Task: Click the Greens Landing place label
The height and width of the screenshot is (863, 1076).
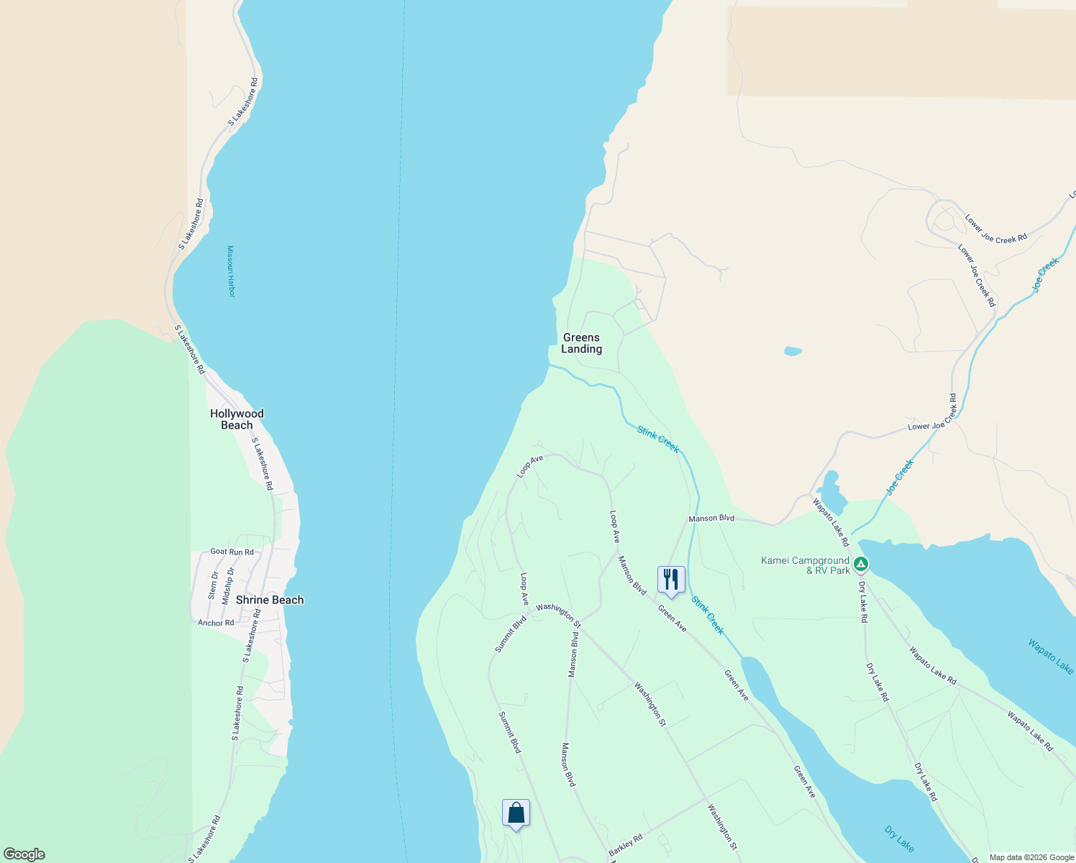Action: tap(581, 343)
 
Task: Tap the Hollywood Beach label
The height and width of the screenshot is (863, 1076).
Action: tap(237, 419)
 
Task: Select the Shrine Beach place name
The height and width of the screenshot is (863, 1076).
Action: tap(270, 600)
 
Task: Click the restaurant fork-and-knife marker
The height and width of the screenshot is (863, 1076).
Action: tap(670, 579)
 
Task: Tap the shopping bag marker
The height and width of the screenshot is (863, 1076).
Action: tap(516, 813)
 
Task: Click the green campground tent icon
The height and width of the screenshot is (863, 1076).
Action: tap(862, 565)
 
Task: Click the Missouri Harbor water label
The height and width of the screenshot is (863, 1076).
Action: tap(231, 271)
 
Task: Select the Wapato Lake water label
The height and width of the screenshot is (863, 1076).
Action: tap(1050, 657)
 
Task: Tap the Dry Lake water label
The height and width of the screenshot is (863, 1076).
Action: tap(899, 839)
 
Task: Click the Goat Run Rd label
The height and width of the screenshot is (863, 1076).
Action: tap(232, 552)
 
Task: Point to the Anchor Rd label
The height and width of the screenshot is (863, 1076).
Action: tap(216, 623)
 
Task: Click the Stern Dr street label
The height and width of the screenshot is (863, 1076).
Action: tap(213, 585)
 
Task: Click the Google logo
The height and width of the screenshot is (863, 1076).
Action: tap(24, 854)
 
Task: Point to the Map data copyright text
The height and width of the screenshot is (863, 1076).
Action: tap(1031, 857)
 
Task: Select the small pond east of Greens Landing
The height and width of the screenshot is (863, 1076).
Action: tap(793, 352)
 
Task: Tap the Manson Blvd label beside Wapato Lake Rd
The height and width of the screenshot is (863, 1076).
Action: tap(711, 518)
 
